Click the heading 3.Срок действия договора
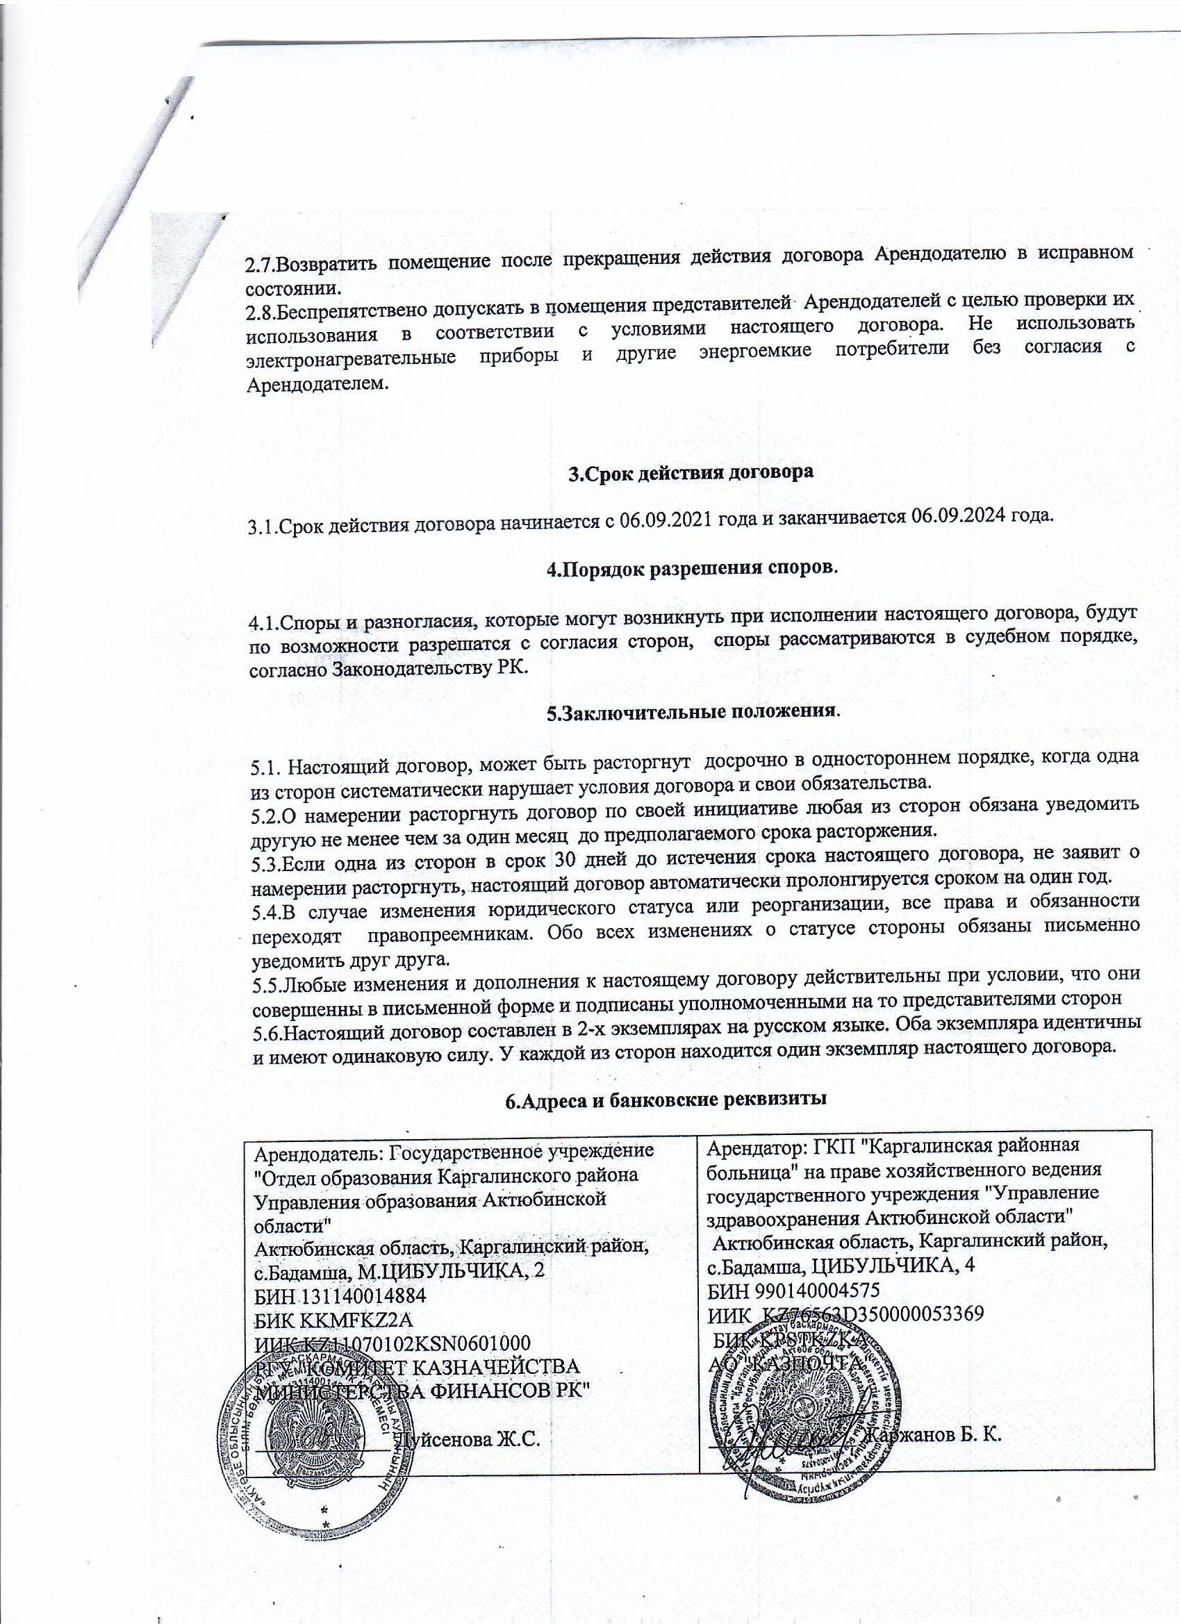coord(691,472)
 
